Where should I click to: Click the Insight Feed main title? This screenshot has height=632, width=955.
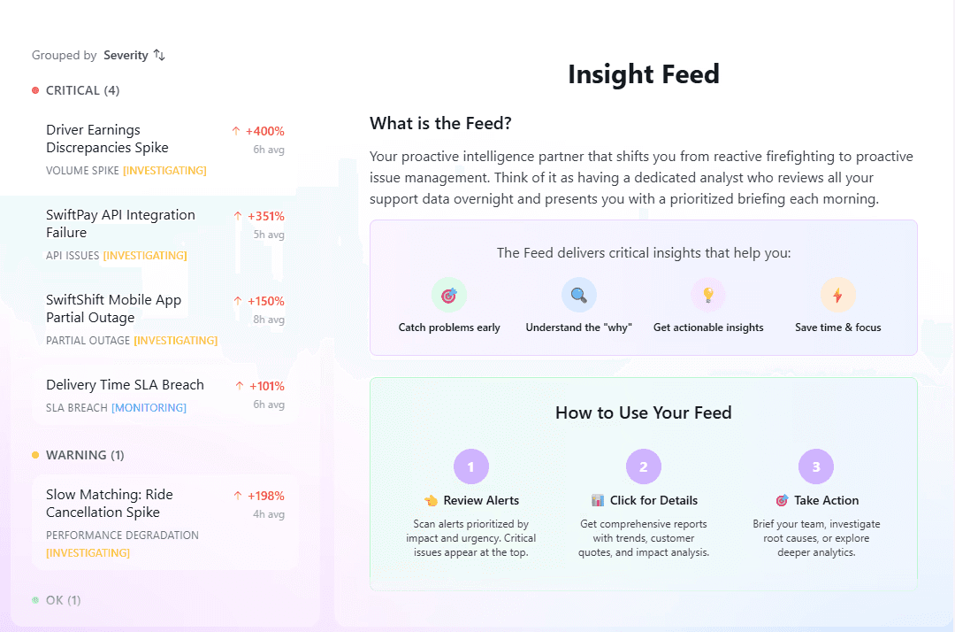[643, 74]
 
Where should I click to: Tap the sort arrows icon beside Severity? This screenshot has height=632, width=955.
[159, 55]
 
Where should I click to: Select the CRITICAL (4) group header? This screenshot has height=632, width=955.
[82, 90]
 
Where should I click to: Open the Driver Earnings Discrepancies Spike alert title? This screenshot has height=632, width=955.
[107, 139]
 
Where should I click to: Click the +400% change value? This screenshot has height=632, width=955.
[264, 131]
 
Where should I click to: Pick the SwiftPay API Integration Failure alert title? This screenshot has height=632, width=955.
[120, 224]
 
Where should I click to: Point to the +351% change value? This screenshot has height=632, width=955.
[264, 216]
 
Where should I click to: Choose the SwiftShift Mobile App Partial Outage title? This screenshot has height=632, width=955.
[113, 309]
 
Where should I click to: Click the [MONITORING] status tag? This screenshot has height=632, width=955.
[149, 408]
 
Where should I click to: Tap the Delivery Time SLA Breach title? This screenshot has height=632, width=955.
[125, 385]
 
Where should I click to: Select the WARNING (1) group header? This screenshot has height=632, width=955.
[85, 455]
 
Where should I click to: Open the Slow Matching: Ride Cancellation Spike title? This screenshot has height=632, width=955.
[110, 504]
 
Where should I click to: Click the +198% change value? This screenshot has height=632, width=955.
[264, 496]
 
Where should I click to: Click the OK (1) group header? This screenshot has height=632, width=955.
[63, 600]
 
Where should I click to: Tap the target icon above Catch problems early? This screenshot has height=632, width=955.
[449, 296]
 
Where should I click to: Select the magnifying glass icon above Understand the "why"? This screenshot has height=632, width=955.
[579, 296]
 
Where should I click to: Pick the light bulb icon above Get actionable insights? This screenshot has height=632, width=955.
[708, 296]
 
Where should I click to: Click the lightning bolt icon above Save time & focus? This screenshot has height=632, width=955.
[837, 296]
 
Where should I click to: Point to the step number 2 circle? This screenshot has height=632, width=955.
[644, 466]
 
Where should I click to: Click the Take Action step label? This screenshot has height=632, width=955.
[825, 500]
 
